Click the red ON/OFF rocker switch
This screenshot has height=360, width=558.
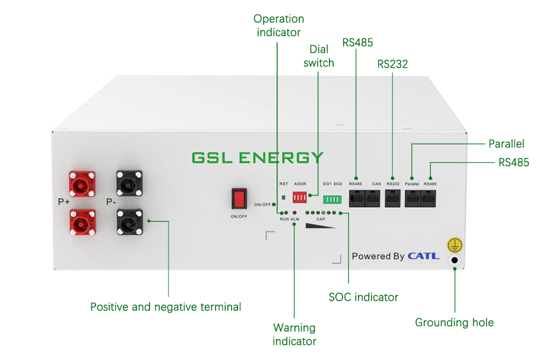point(239,198)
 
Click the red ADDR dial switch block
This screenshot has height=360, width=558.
point(300,197)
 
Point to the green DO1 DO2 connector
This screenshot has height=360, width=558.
point(332,199)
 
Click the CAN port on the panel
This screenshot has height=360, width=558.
point(373,198)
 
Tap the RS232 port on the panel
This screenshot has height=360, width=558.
point(393,198)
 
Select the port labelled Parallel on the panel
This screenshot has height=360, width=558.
point(413,198)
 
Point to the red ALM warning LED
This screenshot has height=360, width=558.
point(294,212)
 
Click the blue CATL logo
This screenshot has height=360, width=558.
point(423,256)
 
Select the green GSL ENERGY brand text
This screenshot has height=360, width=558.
point(258,158)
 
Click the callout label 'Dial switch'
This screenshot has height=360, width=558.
point(319,56)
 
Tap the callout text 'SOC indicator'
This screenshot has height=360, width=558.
point(363,296)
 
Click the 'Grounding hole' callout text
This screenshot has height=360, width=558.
point(454,323)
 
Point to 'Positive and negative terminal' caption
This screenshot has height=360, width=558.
point(166,307)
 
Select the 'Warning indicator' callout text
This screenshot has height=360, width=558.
point(294,334)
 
